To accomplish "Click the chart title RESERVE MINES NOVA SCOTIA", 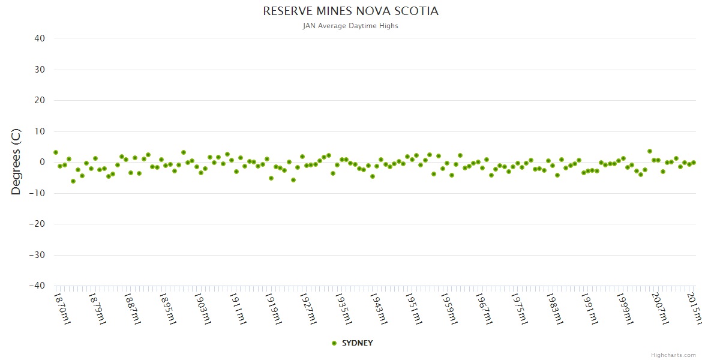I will click(x=350, y=11).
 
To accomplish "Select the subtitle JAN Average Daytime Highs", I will click(x=350, y=26).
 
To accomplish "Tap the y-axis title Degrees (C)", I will click(x=16, y=162).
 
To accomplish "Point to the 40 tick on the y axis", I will click(x=40, y=38).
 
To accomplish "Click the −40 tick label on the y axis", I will click(x=37, y=286).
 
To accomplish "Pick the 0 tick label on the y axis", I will click(x=42, y=162).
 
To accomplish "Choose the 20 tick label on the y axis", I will click(x=40, y=100).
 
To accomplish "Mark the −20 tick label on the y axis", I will click(x=37, y=224).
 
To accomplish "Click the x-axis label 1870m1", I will click(x=62, y=308).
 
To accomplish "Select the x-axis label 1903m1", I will click(x=203, y=308).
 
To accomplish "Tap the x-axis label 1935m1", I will click(x=343, y=308).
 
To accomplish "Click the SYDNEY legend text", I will click(x=357, y=343).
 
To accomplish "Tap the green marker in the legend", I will click(x=334, y=343).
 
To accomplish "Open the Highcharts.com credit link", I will click(x=673, y=355).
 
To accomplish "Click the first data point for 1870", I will click(x=56, y=152).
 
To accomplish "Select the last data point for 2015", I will click(x=694, y=163).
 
